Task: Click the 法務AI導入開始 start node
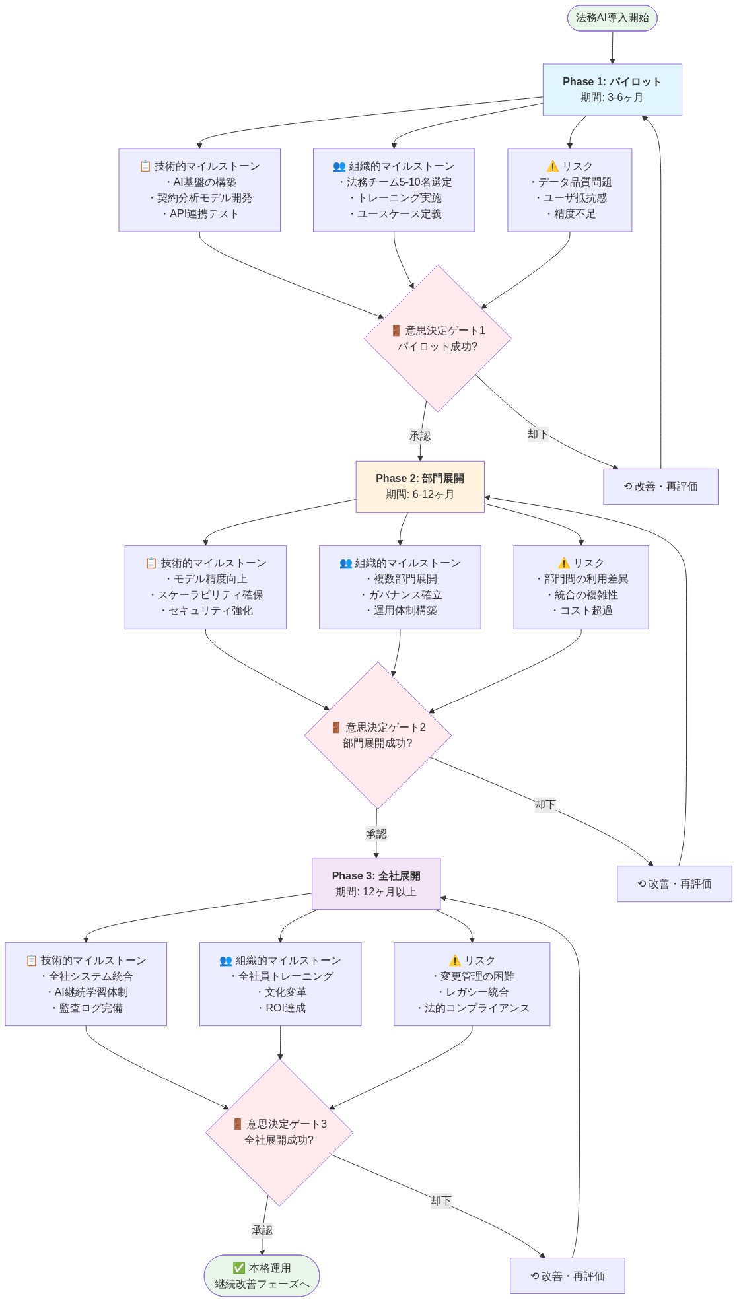612,18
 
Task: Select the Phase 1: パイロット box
612,90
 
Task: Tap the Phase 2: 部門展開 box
420,487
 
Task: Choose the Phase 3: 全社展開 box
376,883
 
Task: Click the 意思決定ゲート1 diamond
437,338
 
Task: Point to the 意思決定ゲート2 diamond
378,735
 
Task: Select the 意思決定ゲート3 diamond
279,1132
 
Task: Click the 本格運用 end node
262,1276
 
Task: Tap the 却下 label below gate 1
538,434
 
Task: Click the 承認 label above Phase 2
420,436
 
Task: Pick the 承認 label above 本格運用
262,1230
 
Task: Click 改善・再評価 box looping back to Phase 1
660,487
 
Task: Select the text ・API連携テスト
200,214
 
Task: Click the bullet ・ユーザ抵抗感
571,198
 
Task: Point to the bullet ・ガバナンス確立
401,595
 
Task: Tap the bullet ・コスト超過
582,611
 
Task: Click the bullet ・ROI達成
281,1008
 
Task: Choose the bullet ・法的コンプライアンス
472,1008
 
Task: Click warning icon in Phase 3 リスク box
455,961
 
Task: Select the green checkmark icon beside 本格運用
239,1268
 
